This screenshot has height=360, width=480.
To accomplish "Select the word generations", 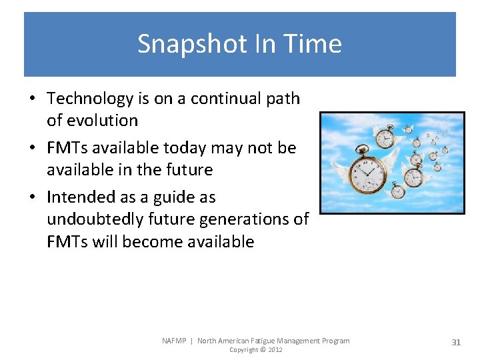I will click(x=245, y=219).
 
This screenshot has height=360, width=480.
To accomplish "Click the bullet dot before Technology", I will click(x=32, y=99).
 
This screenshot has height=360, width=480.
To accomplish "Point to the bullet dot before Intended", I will click(x=32, y=197).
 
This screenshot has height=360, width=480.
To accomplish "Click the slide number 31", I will click(x=456, y=342).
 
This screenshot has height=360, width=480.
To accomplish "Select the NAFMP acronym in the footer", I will click(x=175, y=341).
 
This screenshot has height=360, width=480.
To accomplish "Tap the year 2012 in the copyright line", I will click(x=275, y=350).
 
